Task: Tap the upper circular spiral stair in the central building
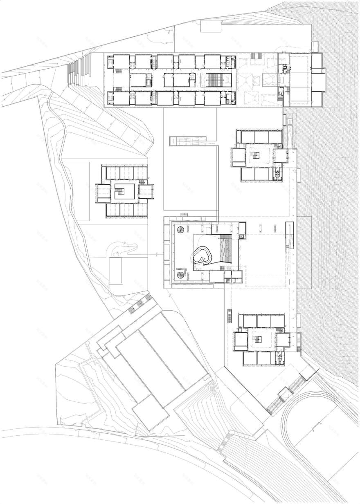point(180,231)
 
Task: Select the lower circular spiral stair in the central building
point(180,274)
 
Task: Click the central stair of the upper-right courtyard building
point(256,155)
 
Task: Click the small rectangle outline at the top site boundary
point(211,26)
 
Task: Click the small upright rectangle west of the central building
point(116,271)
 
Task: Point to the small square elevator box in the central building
point(242,236)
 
